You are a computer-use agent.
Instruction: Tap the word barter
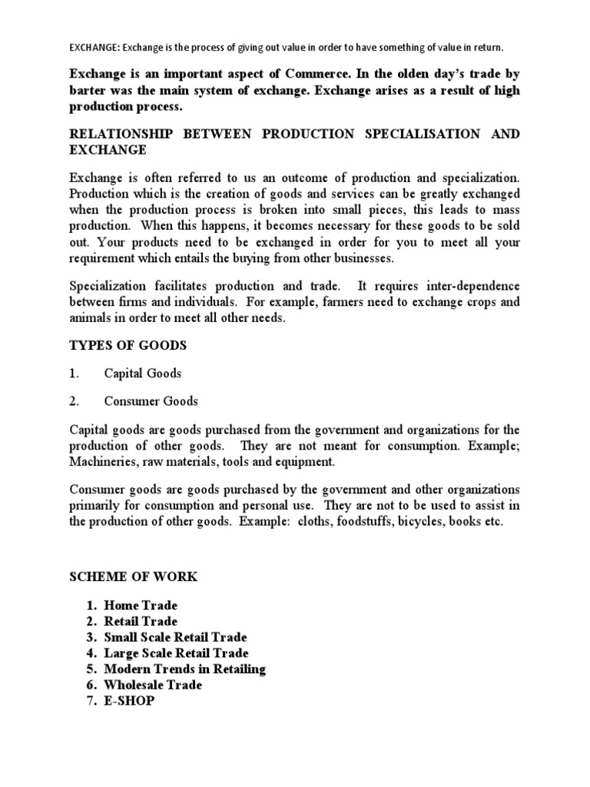[x=90, y=91]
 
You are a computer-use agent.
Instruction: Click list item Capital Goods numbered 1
[x=143, y=374]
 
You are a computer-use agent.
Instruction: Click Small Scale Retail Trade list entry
[x=176, y=637]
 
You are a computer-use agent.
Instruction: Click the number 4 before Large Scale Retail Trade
[x=90, y=653]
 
